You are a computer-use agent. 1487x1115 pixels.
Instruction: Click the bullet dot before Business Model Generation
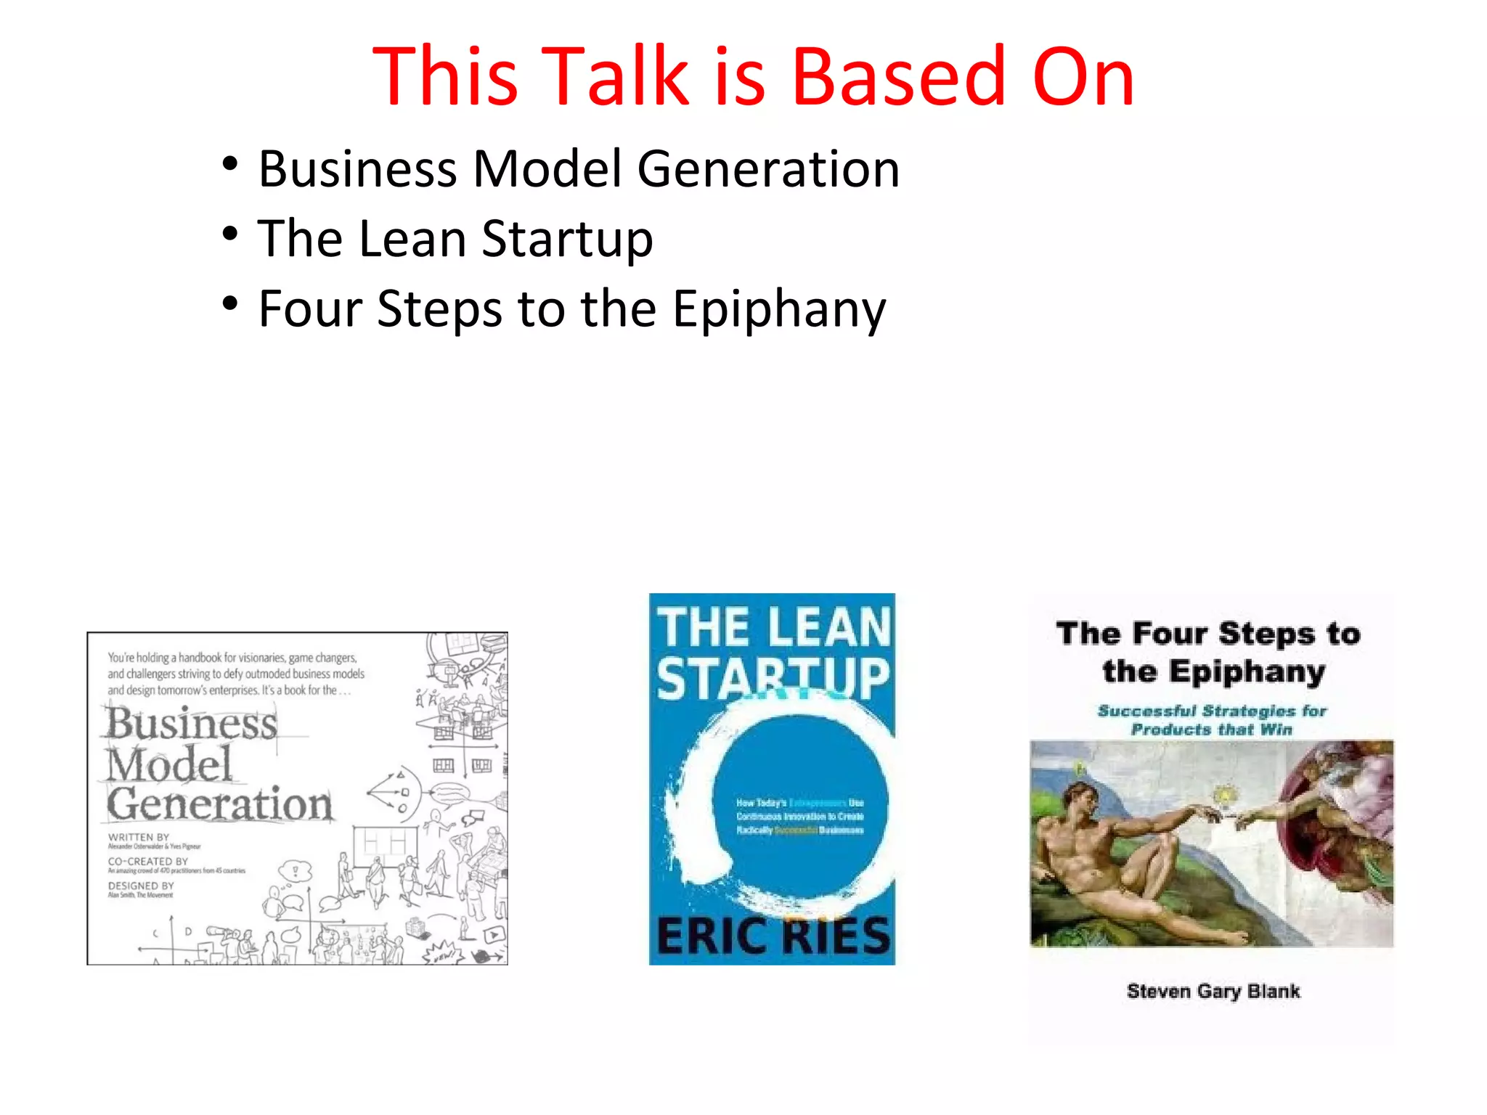230,164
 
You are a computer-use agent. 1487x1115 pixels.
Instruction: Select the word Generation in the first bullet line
768,169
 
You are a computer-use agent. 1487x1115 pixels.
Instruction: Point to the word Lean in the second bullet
412,239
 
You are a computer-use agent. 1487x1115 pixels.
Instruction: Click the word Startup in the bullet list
567,240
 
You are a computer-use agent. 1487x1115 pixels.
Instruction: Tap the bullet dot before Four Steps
230,304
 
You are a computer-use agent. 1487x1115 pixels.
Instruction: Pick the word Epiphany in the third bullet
779,310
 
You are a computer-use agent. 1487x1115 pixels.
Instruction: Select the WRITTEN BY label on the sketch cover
138,837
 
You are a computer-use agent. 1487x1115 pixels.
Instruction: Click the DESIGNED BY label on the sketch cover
141,886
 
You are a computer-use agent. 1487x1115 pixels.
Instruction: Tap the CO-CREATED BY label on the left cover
148,861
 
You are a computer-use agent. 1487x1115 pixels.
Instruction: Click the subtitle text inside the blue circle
799,816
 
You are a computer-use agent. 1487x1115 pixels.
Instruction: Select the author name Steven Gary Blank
1213,991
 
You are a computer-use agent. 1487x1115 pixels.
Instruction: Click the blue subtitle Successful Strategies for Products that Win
1212,719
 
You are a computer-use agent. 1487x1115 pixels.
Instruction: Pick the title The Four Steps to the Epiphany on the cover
1210,652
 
